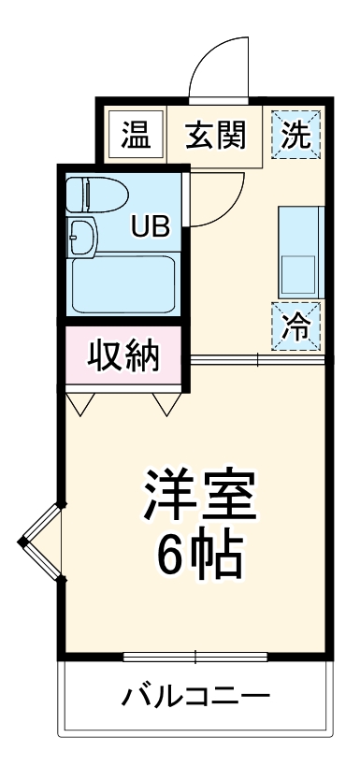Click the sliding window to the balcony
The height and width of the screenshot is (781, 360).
[x=196, y=655]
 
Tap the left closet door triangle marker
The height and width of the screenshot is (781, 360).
[x=79, y=403]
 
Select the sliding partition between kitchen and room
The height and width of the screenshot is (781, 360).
[x=257, y=360]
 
